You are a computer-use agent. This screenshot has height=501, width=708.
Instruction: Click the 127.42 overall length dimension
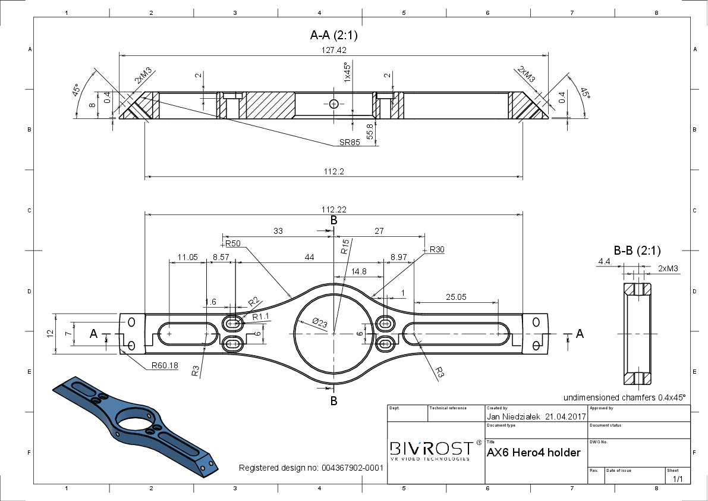(334, 50)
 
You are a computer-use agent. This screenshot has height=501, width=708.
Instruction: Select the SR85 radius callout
(350, 142)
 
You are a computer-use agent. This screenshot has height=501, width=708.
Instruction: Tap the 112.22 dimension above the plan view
(334, 209)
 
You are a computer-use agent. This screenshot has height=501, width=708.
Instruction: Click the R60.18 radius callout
(165, 365)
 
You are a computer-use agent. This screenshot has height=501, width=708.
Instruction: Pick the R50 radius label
(233, 243)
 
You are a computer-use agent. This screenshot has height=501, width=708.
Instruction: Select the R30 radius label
(437, 249)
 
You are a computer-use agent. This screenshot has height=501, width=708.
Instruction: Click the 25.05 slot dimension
(456, 297)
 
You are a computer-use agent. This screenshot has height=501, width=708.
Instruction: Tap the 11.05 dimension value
(187, 257)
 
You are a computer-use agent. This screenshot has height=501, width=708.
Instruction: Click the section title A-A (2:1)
(334, 35)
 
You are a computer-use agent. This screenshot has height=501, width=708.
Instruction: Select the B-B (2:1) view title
(637, 250)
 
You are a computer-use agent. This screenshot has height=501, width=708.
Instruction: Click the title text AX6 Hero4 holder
(534, 453)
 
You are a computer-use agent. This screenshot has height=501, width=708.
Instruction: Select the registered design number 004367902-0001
(353, 468)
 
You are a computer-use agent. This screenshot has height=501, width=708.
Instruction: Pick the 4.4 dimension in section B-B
(604, 262)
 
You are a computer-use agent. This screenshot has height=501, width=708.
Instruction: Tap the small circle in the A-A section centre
(333, 104)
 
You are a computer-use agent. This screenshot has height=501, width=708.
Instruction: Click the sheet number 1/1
(678, 478)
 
